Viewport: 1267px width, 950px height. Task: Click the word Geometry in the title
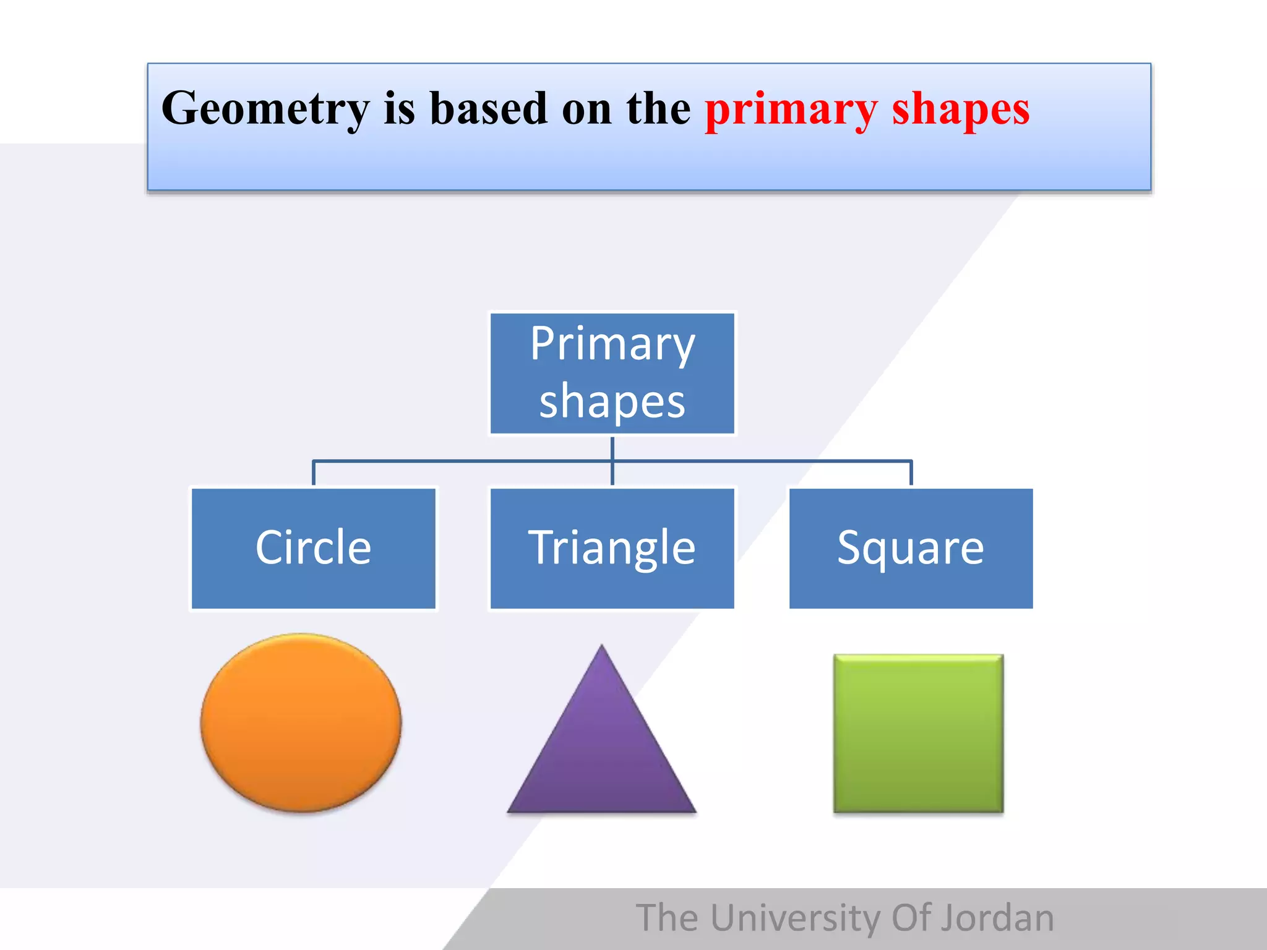click(265, 109)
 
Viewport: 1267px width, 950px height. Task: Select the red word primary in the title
click(791, 109)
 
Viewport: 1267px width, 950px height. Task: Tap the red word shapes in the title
click(960, 109)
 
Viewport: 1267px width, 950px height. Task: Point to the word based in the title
click(488, 109)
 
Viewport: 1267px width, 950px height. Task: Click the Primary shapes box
click(612, 374)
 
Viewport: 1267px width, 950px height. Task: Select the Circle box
click(313, 549)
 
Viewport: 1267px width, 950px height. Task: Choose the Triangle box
click(612, 549)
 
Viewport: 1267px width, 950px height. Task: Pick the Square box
click(911, 549)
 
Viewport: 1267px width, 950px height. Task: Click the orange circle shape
click(301, 722)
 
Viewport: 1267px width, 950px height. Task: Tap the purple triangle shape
click(601, 755)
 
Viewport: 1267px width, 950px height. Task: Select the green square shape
click(918, 734)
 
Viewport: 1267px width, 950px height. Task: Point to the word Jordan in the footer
click(997, 918)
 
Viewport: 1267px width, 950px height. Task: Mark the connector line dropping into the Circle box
click(314, 474)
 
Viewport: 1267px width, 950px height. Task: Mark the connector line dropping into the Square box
click(911, 474)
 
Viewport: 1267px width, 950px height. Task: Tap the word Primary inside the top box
click(612, 344)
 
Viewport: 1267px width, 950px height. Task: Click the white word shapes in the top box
click(612, 402)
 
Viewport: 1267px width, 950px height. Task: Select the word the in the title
click(658, 109)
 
